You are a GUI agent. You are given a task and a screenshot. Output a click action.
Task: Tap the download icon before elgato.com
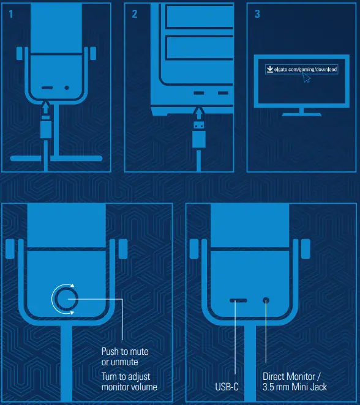(269, 70)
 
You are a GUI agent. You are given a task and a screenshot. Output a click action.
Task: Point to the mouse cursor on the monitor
(307, 78)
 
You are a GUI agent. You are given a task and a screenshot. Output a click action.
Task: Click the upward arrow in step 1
(46, 108)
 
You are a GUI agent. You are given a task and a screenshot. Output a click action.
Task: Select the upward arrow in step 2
(198, 113)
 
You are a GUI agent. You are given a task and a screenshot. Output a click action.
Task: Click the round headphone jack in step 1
(67, 88)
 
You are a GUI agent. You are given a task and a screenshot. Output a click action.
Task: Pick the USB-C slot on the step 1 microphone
(47, 88)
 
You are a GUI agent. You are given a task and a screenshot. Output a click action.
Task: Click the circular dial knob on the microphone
(64, 299)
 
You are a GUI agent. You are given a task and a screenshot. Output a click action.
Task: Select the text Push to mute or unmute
(125, 357)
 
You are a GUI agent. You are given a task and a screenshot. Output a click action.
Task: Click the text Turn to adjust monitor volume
(129, 382)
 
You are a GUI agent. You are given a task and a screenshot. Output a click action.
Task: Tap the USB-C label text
(227, 387)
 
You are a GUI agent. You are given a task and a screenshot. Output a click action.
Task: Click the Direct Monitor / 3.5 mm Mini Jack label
(294, 382)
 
